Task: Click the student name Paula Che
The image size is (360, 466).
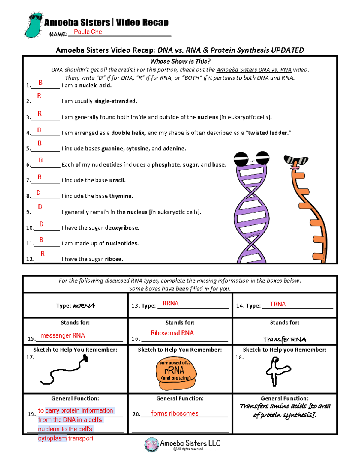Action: tap(88, 32)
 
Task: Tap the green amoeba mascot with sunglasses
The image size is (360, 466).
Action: tap(34, 26)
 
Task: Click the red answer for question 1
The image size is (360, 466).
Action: tap(40, 83)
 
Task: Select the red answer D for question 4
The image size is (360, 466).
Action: tap(39, 130)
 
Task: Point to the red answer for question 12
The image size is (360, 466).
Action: tap(43, 254)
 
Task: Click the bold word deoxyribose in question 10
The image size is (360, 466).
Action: tap(122, 228)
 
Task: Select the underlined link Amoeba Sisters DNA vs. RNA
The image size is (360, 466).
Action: tap(254, 70)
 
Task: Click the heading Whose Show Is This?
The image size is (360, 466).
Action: tap(180, 61)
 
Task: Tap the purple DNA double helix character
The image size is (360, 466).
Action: tap(251, 210)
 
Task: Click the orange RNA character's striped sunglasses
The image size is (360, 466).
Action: tap(296, 160)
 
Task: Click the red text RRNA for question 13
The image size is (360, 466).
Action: tap(170, 303)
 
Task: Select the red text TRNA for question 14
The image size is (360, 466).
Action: tap(277, 304)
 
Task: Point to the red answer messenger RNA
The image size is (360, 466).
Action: tap(63, 335)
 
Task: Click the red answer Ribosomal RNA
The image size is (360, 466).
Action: tap(172, 333)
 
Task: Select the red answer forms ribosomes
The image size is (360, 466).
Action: tap(175, 413)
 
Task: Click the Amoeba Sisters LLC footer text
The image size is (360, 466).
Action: tap(190, 443)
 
